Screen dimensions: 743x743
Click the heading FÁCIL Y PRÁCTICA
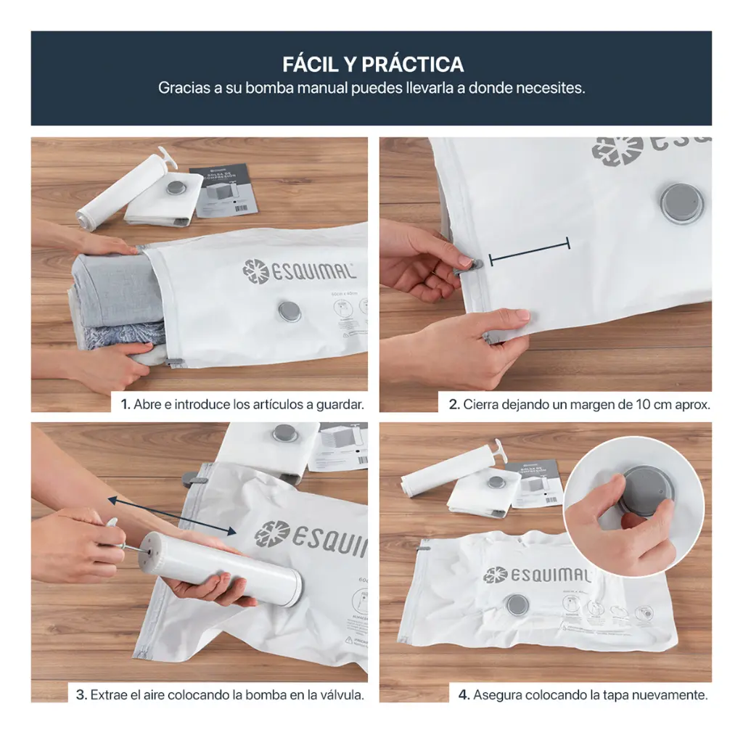pyautogui.click(x=373, y=64)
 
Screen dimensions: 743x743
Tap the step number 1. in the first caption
pyautogui.click(x=126, y=404)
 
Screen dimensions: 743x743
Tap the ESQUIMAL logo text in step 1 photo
pyautogui.click(x=299, y=271)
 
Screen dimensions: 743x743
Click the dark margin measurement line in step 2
pyautogui.click(x=530, y=250)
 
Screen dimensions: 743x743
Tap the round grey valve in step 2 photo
pyautogui.click(x=681, y=202)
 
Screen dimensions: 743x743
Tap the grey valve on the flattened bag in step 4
pyautogui.click(x=516, y=604)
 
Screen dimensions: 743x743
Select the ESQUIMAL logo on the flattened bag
pyautogui.click(x=537, y=575)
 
